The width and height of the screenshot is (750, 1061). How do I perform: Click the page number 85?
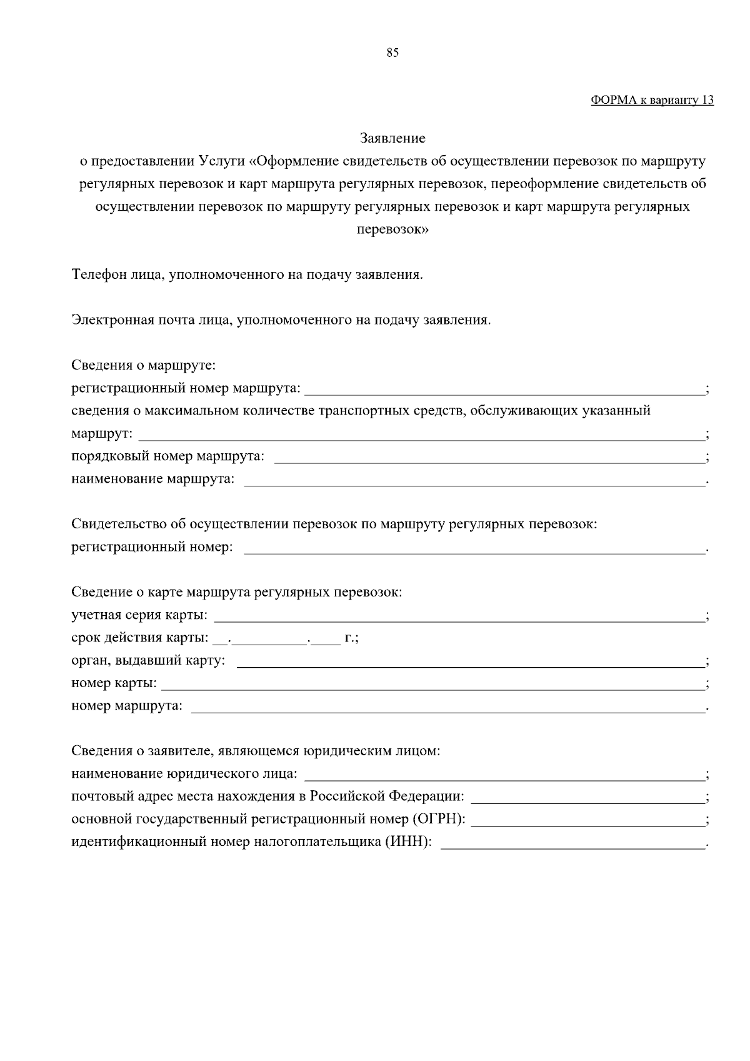pyautogui.click(x=392, y=53)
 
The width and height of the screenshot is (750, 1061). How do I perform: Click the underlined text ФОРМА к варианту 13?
pyautogui.click(x=652, y=101)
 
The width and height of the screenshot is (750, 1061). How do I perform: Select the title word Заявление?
pyautogui.click(x=392, y=138)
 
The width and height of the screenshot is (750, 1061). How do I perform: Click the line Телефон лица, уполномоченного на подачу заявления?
pyautogui.click(x=247, y=274)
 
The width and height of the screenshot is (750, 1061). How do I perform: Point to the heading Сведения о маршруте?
pyautogui.click(x=143, y=365)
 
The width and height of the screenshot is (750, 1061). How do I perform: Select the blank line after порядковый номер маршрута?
pyautogui.click(x=489, y=458)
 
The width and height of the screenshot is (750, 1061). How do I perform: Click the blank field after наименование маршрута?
pyautogui.click(x=474, y=481)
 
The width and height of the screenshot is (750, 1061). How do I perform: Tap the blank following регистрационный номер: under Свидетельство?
pyautogui.click(x=474, y=549)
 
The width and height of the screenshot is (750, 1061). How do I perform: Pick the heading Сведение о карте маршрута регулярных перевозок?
pyautogui.click(x=236, y=592)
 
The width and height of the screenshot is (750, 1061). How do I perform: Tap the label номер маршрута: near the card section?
pyautogui.click(x=127, y=706)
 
